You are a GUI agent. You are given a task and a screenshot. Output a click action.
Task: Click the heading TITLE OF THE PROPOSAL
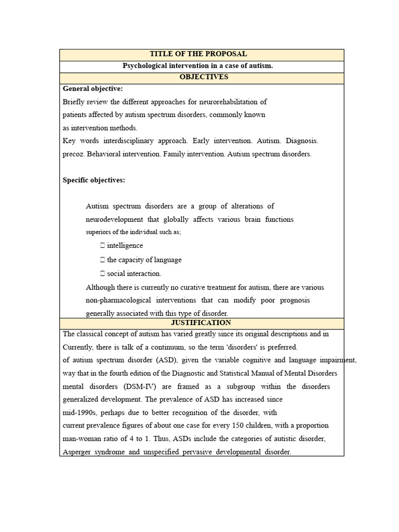point(198,54)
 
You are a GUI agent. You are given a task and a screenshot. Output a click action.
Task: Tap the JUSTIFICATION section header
point(201,323)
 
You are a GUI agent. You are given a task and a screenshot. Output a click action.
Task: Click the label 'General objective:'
point(92,89)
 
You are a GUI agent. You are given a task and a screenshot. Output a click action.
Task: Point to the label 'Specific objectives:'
point(94,180)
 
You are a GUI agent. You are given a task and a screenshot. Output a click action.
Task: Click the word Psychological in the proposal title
point(147,65)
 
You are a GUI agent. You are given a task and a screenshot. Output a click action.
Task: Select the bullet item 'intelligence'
point(125,246)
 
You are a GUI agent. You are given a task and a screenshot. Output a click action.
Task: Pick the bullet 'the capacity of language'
point(144,260)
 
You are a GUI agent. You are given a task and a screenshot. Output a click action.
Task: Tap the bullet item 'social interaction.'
point(134,273)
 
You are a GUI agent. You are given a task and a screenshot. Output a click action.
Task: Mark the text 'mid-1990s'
point(79,413)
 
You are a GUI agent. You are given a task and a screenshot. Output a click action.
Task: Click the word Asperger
point(78,452)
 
